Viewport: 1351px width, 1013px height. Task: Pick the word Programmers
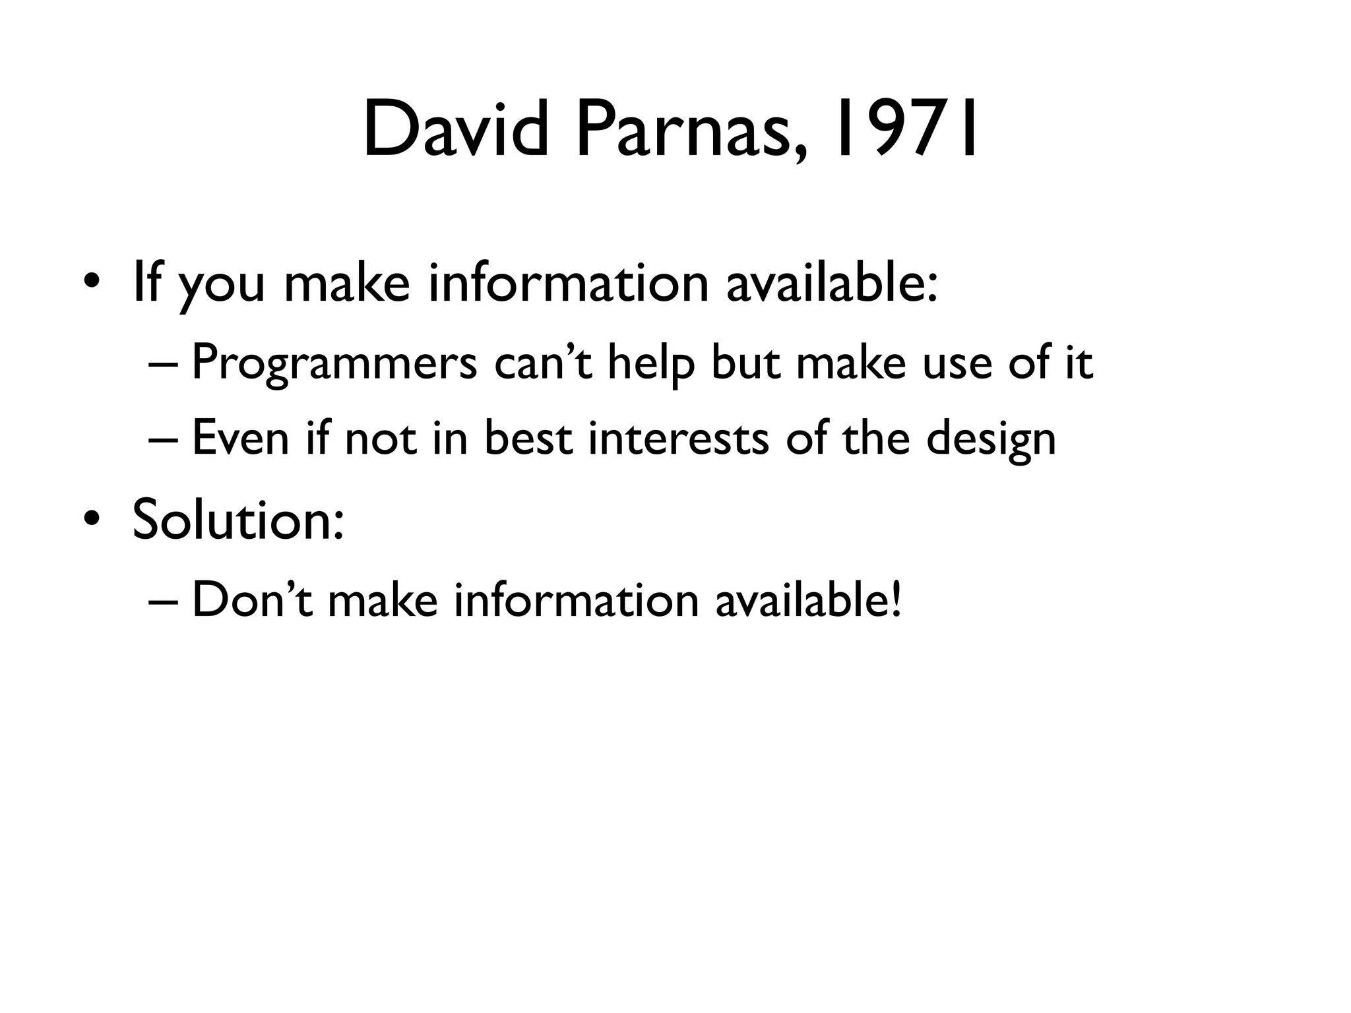334,363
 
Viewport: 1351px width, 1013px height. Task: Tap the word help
650,363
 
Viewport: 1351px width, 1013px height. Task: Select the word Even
240,438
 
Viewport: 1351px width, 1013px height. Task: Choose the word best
528,438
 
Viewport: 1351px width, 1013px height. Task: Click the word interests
678,438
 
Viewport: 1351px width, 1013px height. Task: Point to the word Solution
237,519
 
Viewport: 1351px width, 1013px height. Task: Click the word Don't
251,600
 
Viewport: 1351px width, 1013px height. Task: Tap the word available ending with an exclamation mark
808,600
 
